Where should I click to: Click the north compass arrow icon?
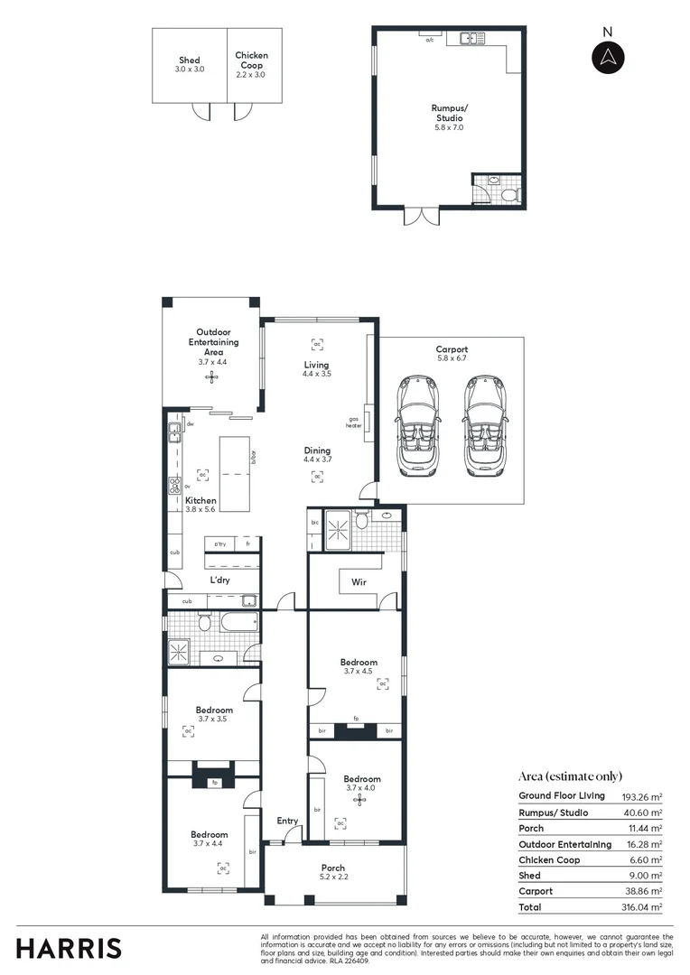pos(608,57)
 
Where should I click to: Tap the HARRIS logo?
pos(69,948)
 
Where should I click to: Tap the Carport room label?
pos(452,349)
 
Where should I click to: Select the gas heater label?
pos(356,422)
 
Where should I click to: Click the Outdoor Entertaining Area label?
pos(213,342)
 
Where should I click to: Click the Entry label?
pos(287,821)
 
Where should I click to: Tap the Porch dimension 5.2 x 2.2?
pos(333,877)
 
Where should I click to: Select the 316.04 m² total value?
pos(643,906)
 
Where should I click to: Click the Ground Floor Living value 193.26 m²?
pos(643,796)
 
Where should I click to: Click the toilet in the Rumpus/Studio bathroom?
pos(509,195)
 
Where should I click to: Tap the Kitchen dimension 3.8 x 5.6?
pos(201,510)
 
